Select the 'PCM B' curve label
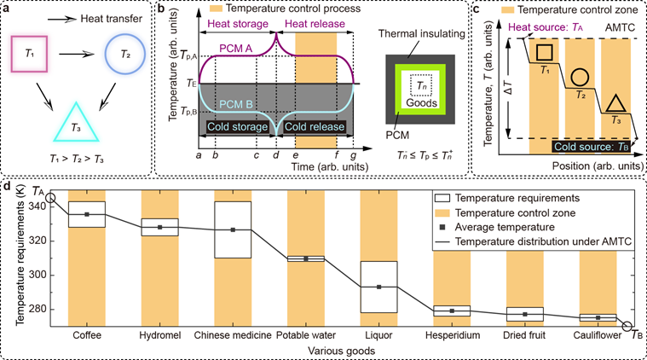tap(232, 104)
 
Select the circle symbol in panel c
tap(578, 76)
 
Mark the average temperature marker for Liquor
tap(378, 287)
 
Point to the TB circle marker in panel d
tap(627, 326)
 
